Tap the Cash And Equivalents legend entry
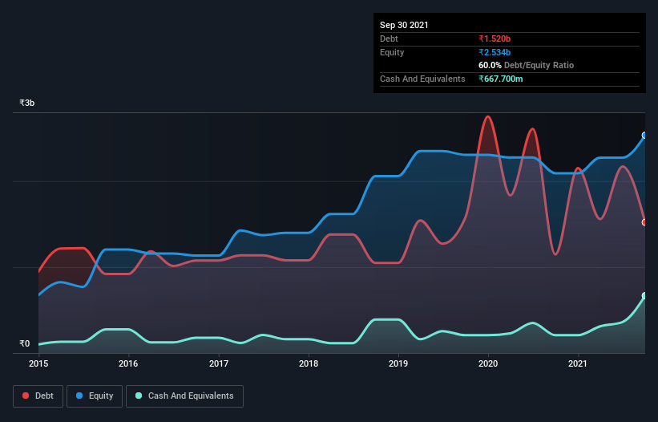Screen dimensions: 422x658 click(x=184, y=396)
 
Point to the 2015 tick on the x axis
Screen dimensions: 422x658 click(x=38, y=363)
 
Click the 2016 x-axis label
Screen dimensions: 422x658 click(x=128, y=363)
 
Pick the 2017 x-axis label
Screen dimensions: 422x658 click(x=219, y=363)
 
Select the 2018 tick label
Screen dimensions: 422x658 click(x=309, y=363)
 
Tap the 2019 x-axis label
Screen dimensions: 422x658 click(x=398, y=363)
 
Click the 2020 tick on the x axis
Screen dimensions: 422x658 click(x=488, y=363)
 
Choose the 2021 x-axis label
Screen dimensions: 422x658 click(x=578, y=363)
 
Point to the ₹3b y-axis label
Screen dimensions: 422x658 click(x=27, y=103)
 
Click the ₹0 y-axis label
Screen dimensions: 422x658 click(x=25, y=344)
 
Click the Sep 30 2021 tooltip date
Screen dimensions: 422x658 click(x=404, y=25)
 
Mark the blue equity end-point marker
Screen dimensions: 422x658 click(x=644, y=136)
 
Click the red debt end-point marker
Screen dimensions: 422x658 click(x=644, y=222)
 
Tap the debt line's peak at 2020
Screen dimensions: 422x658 click(x=487, y=117)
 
